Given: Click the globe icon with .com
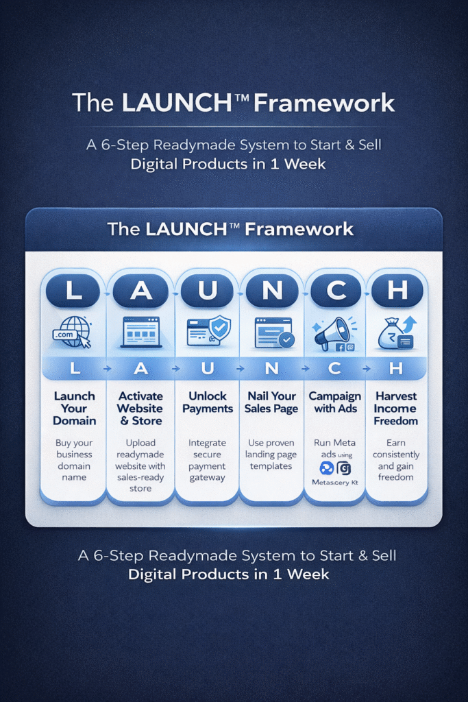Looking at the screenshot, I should tap(73, 332).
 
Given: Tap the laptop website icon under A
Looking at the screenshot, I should tap(140, 332).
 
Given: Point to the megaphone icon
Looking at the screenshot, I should tap(334, 332).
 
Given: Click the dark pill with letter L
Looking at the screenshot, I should tap(74, 291).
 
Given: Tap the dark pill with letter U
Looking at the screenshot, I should tap(207, 291).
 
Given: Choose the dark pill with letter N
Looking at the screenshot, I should tap(273, 291).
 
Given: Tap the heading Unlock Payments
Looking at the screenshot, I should tap(208, 402).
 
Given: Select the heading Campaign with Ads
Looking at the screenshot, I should tap(335, 402).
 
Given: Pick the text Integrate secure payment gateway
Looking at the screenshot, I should tap(208, 460).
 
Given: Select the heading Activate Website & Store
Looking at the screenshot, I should tap(140, 409).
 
